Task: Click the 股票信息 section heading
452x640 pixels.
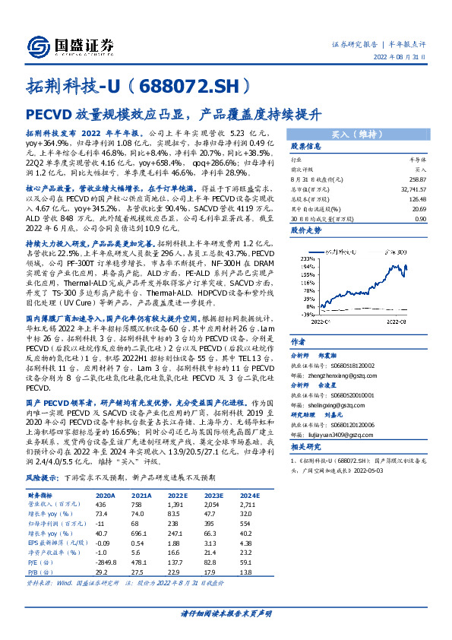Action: pyautogui.click(x=308, y=147)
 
